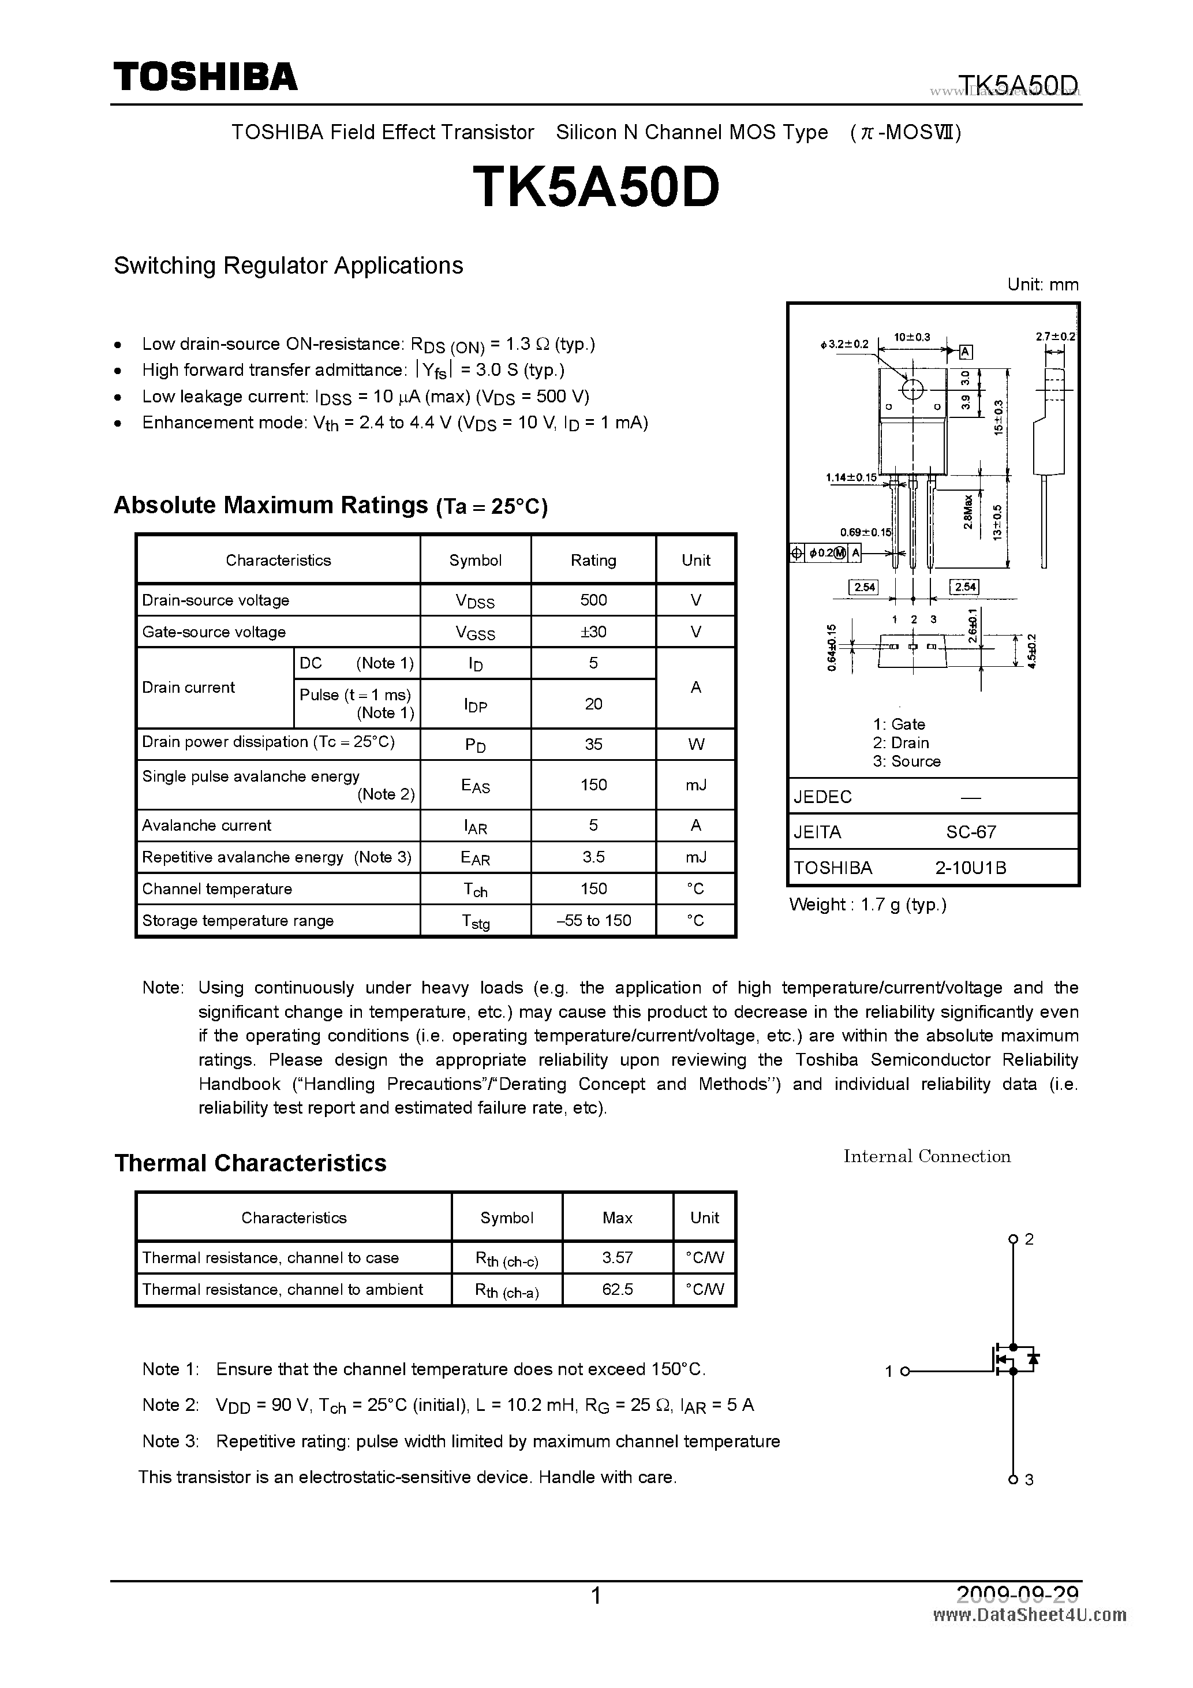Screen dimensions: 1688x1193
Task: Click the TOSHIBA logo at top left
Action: click(205, 76)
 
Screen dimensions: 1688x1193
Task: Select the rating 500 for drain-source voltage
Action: click(593, 600)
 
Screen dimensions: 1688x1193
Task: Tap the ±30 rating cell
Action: click(593, 632)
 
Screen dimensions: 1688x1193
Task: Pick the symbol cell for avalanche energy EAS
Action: click(475, 785)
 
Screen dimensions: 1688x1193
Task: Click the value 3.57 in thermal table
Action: click(617, 1257)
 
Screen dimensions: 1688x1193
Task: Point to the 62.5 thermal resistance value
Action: click(617, 1289)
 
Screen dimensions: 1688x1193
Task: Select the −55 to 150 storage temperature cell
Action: click(593, 920)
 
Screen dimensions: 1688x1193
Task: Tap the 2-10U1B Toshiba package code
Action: click(970, 868)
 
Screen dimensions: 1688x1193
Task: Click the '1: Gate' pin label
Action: click(899, 724)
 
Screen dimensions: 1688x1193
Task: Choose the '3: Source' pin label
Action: click(906, 761)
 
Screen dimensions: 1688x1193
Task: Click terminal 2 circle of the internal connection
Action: click(1012, 1239)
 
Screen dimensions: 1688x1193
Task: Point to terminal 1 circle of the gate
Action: click(906, 1371)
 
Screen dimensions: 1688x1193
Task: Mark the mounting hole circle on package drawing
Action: click(912, 389)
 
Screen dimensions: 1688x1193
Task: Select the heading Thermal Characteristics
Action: click(250, 1163)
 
